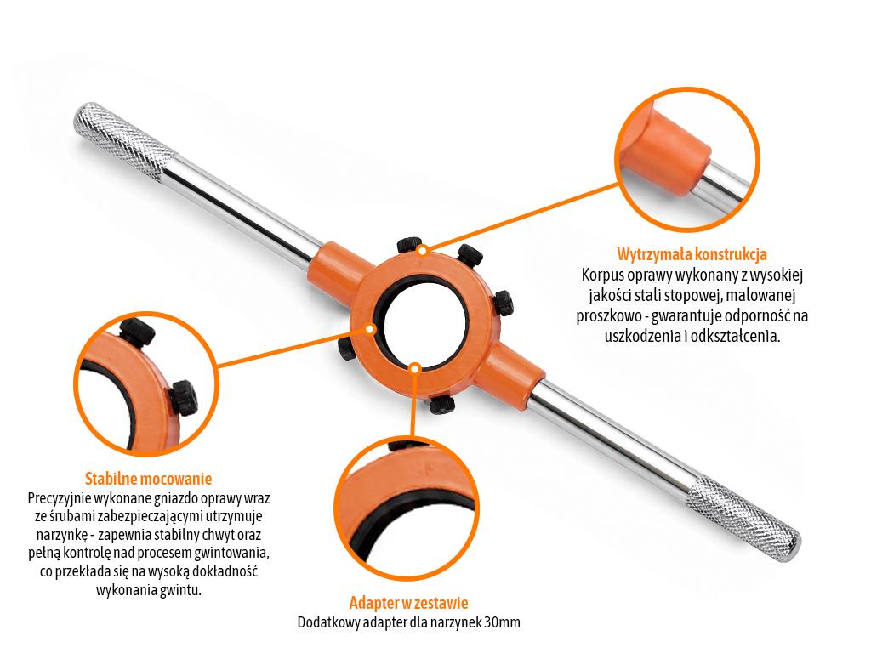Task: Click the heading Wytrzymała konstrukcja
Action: [692, 254]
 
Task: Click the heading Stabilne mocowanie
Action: [148, 478]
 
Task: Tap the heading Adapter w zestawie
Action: [409, 603]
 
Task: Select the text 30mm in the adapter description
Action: [502, 622]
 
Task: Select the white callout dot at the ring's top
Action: [423, 251]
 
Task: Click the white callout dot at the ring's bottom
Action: [414, 367]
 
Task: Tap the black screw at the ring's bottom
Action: [442, 404]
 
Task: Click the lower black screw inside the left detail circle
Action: [185, 398]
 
